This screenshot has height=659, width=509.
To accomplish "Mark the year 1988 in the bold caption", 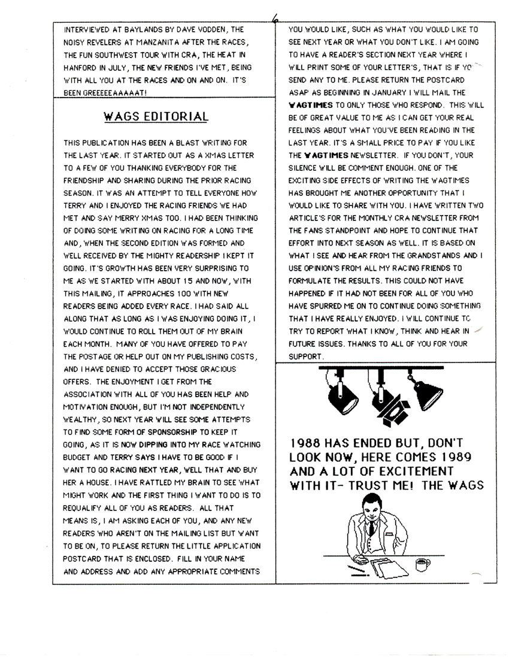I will pyautogui.click(x=307, y=444).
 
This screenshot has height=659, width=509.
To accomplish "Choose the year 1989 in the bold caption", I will pyautogui.click(x=465, y=458).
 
